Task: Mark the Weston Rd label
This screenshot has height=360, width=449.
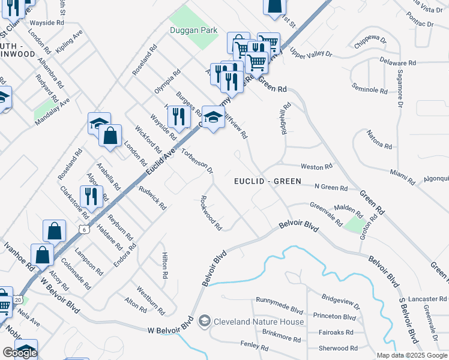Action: coord(316,166)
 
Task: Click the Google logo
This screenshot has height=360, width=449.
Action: coord(20,353)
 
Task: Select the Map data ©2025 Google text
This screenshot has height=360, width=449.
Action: coord(412,355)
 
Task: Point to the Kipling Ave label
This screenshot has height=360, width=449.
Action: coord(69,43)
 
